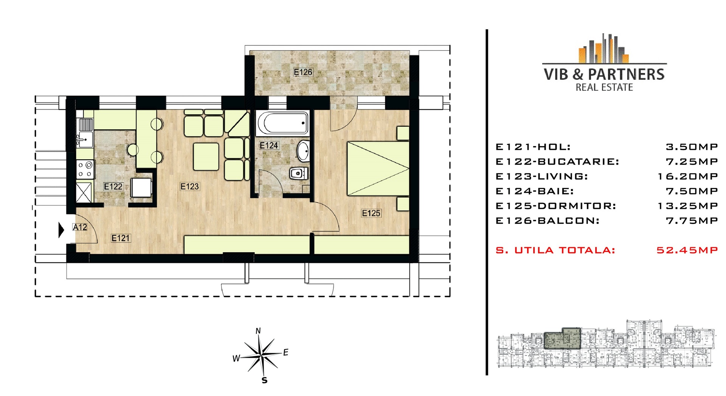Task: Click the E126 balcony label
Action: tap(303, 72)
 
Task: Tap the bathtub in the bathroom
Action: tap(283, 123)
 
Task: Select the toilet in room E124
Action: tap(299, 174)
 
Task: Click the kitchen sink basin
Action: tap(85, 140)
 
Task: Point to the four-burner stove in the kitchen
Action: tap(85, 169)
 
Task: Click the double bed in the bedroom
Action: tap(378, 169)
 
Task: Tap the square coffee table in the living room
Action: tap(206, 157)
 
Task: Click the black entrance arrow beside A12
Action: tap(61, 230)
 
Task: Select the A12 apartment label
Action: tap(80, 227)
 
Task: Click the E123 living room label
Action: tap(189, 186)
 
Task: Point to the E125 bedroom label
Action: tap(371, 213)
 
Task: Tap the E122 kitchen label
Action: tap(113, 186)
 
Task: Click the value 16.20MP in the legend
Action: tap(687, 176)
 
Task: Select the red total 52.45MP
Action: tap(687, 250)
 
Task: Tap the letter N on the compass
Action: tap(258, 331)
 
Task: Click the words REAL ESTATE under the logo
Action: tap(604, 87)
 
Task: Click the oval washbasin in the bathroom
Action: tap(303, 151)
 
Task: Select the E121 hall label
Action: tap(121, 238)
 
